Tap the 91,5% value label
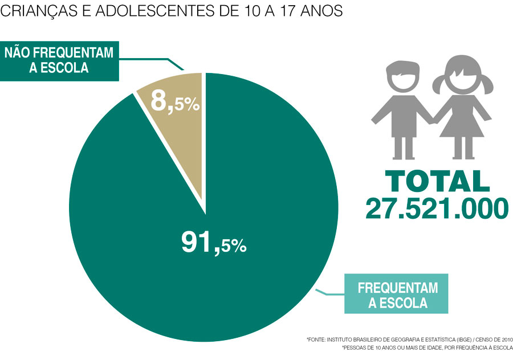click(214, 242)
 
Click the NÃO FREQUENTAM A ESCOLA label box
click(59, 60)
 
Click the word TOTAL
click(437, 181)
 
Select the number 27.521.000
click(437, 208)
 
